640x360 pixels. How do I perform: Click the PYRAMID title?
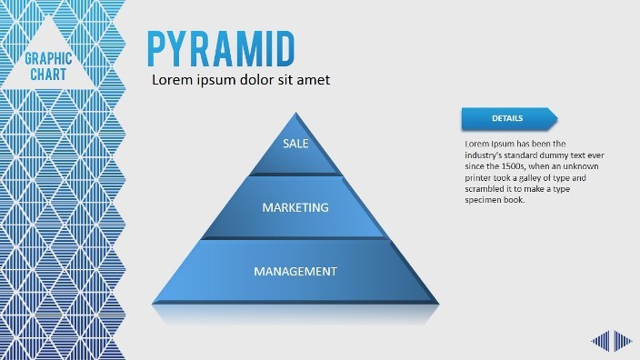(x=221, y=46)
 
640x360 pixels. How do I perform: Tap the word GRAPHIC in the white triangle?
(x=49, y=59)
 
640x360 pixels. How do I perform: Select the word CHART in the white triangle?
(x=49, y=74)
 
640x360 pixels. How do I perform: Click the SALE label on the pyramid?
(x=295, y=144)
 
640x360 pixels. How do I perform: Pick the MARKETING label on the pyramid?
(x=295, y=207)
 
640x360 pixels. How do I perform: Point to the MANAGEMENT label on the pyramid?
(x=295, y=271)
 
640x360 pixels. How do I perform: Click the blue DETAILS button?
(x=507, y=118)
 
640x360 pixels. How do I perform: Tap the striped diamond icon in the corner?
(x=612, y=341)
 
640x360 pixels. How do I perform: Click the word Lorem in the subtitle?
(x=172, y=80)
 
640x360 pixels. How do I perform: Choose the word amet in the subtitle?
(x=313, y=80)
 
